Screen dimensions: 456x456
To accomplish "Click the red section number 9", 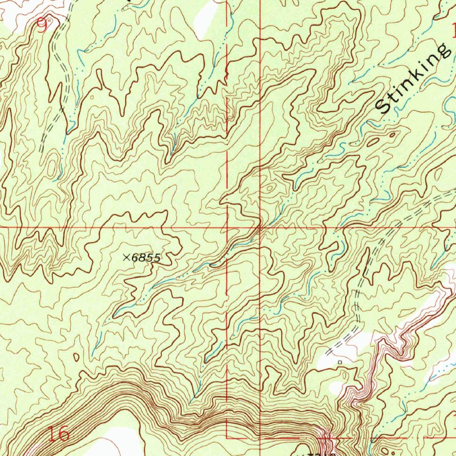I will click(42, 27).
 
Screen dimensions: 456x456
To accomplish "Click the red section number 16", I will click(58, 433).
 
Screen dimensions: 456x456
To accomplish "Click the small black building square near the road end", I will click(339, 362).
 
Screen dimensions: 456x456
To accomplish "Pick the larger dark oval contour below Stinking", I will click(373, 142).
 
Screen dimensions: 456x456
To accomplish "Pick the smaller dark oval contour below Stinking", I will click(392, 134).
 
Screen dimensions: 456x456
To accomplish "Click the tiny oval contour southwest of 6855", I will click(76, 357).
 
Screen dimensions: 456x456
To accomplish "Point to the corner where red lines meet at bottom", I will click(228, 437).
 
